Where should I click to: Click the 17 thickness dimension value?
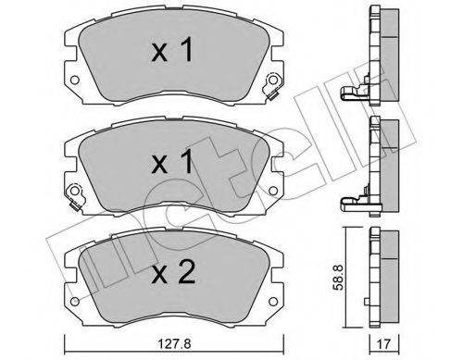pos(382,338)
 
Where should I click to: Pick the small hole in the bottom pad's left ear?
pos(73,296)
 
